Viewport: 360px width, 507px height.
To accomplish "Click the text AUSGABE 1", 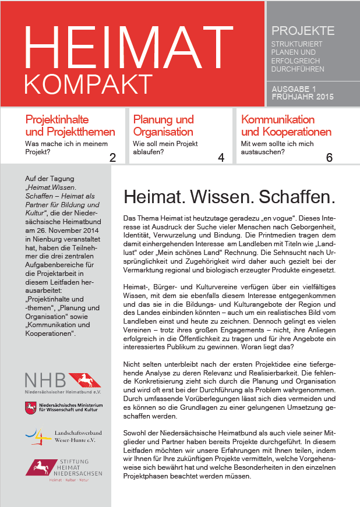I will click(x=298, y=89).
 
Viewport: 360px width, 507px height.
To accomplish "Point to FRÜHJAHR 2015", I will click(x=302, y=97).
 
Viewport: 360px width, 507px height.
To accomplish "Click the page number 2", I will click(x=112, y=157).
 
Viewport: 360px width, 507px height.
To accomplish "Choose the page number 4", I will click(x=221, y=157).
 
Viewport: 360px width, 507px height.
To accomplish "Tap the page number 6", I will click(x=329, y=157).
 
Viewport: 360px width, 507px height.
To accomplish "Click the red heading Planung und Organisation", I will click(x=164, y=126).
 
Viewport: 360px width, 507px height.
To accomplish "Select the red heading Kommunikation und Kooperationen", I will click(x=286, y=126).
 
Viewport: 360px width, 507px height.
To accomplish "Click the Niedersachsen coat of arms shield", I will click(x=30, y=408).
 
